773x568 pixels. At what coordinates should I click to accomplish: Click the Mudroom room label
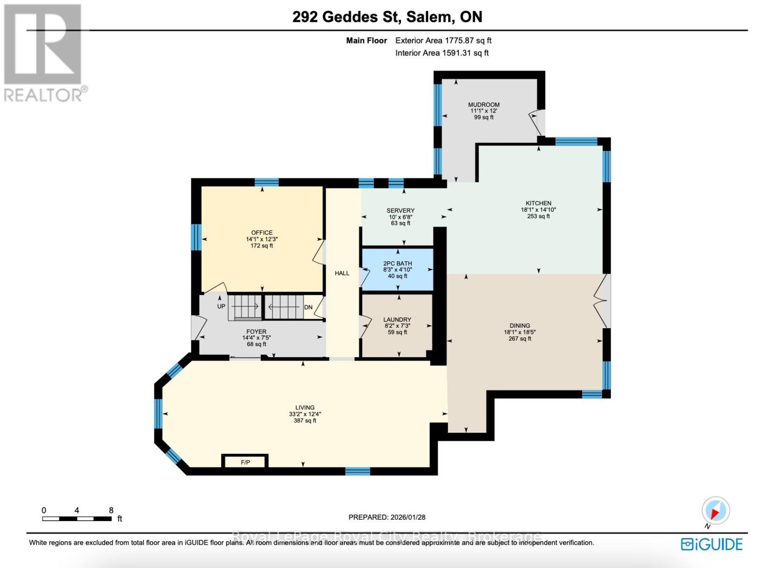(x=484, y=104)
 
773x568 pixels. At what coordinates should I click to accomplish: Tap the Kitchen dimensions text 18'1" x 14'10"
(x=538, y=210)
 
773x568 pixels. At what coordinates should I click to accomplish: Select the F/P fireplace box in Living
(x=245, y=462)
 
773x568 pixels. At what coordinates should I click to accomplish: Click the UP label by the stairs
(x=221, y=306)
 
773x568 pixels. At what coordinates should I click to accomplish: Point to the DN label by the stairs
(x=308, y=307)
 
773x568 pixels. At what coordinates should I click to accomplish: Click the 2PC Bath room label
(x=398, y=263)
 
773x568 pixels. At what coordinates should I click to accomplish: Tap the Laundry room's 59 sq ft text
(x=397, y=332)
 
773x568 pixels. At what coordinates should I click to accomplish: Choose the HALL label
(x=342, y=273)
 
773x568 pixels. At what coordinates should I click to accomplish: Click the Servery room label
(x=401, y=210)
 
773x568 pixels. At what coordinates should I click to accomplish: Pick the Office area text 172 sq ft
(x=262, y=246)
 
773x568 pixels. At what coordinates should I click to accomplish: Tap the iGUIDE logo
(x=712, y=544)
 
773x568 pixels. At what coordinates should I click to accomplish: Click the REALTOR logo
(x=43, y=53)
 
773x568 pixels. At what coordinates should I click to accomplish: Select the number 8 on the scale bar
(x=111, y=510)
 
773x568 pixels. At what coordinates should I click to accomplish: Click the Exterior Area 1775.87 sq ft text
(x=443, y=41)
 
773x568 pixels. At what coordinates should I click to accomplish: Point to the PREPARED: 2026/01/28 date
(x=387, y=517)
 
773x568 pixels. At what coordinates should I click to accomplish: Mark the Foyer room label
(x=257, y=332)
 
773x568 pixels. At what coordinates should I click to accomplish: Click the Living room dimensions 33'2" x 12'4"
(x=305, y=414)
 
